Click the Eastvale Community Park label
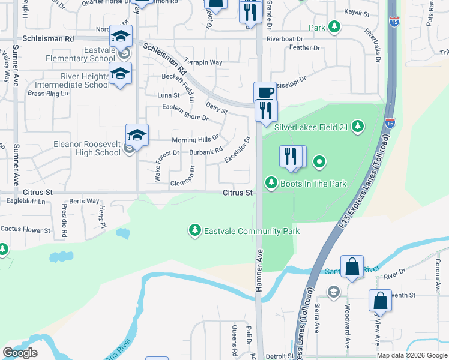[x=252, y=231]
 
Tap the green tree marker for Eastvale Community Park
[x=194, y=230]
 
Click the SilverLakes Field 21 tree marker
[x=358, y=126]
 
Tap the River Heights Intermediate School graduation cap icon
[x=120, y=73]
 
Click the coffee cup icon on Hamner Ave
[x=265, y=92]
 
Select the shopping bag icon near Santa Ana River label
[x=352, y=266]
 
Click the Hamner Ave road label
[x=260, y=271]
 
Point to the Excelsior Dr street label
[x=237, y=150]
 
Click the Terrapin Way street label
[x=203, y=62]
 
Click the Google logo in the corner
[x=20, y=353]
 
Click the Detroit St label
[x=279, y=356]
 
